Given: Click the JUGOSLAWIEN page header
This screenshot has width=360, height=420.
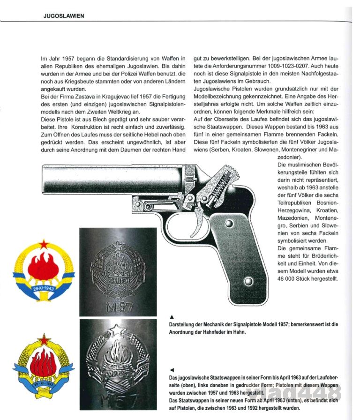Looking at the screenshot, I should click(x=64, y=16).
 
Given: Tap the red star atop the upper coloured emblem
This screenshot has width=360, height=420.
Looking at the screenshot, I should click(x=44, y=244).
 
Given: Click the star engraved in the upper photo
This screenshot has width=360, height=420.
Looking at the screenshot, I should click(x=119, y=247).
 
